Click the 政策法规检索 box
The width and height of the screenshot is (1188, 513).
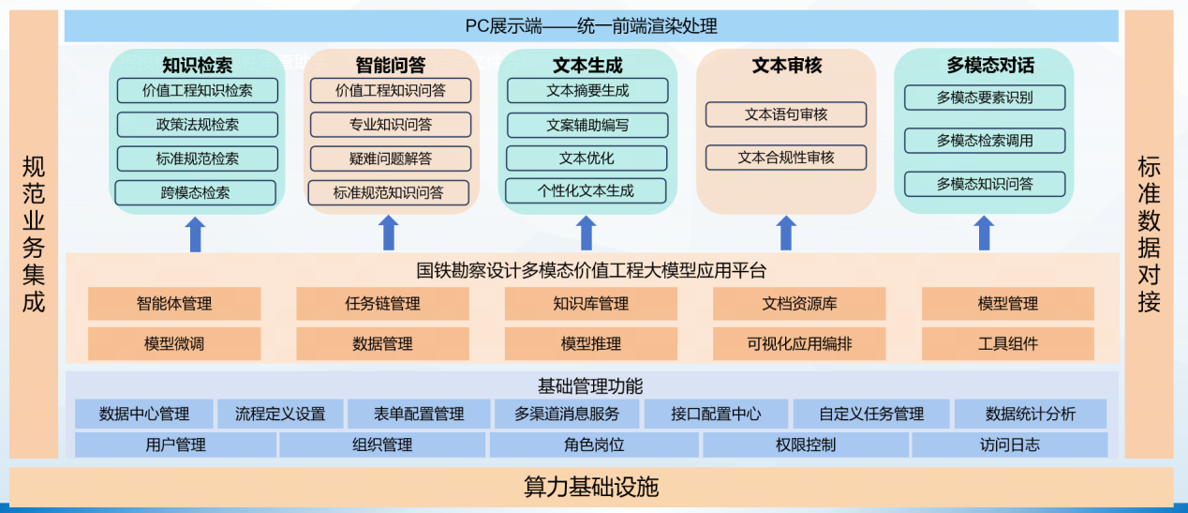pyautogui.click(x=197, y=125)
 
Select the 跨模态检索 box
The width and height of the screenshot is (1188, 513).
pyautogui.click(x=195, y=193)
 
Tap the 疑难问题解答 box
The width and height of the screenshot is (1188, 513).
pyautogui.click(x=390, y=158)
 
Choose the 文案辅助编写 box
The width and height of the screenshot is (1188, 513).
pyautogui.click(x=587, y=125)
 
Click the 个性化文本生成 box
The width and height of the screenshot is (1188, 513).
pyautogui.click(x=586, y=191)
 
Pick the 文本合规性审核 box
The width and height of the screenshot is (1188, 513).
pyautogui.click(x=785, y=158)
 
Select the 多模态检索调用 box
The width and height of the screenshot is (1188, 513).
pyautogui.click(x=984, y=141)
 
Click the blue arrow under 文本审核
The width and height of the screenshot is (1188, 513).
pyautogui.click(x=786, y=233)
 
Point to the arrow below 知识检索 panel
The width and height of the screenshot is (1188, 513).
pyautogui.click(x=195, y=234)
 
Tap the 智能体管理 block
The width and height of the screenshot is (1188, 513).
pyautogui.click(x=174, y=304)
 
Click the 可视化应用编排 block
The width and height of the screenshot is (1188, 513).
pyautogui.click(x=799, y=344)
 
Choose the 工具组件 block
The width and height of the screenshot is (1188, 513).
pyautogui.click(x=1007, y=344)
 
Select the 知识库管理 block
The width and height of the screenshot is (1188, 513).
pyautogui.click(x=590, y=304)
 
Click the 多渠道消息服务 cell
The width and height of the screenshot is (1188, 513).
pyautogui.click(x=566, y=414)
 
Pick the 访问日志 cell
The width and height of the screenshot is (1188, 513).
pyautogui.click(x=1009, y=445)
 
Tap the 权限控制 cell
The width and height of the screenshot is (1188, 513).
pyautogui.click(x=806, y=445)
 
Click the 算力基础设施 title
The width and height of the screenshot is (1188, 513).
pyautogui.click(x=591, y=487)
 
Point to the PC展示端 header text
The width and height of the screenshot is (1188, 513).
pyautogui.click(x=591, y=26)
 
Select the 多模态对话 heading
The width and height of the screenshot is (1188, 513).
pyautogui.click(x=990, y=66)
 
